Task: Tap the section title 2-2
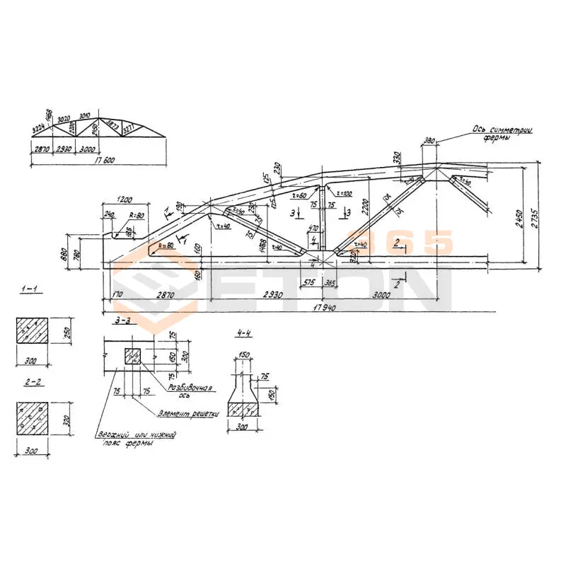(30, 386)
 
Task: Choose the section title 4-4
(243, 333)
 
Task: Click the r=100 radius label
(345, 193)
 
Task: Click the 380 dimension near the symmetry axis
(429, 141)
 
